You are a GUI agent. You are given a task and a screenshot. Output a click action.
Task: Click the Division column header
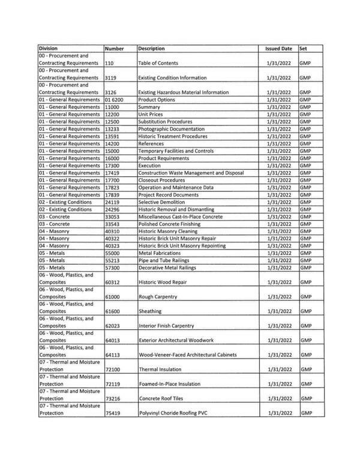(51, 48)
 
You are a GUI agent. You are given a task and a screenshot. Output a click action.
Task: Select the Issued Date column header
(278, 48)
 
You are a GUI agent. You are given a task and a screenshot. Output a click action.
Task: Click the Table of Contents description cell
(158, 63)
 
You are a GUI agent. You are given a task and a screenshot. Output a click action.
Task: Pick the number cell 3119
(110, 78)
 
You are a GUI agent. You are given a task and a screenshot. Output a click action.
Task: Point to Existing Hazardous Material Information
(183, 92)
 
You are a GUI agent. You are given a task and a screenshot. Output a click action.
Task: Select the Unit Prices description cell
(151, 114)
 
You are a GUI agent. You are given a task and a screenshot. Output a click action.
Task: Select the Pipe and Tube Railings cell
(164, 261)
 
